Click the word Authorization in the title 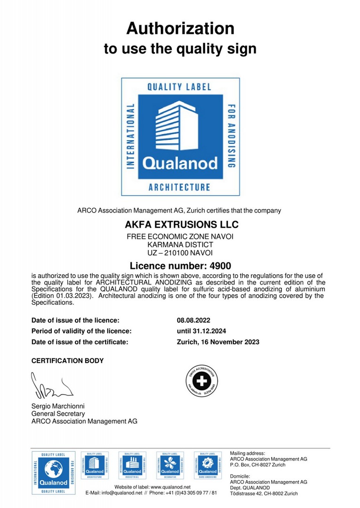tap(180, 29)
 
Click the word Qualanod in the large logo tap(180, 163)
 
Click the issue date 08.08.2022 tap(194, 320)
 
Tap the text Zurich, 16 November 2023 tap(218, 342)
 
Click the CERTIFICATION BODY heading tap(67, 361)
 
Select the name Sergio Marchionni tap(58, 406)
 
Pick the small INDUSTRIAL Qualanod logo tap(132, 466)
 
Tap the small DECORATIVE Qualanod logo tap(170, 466)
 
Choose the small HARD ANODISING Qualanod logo tap(208, 466)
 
